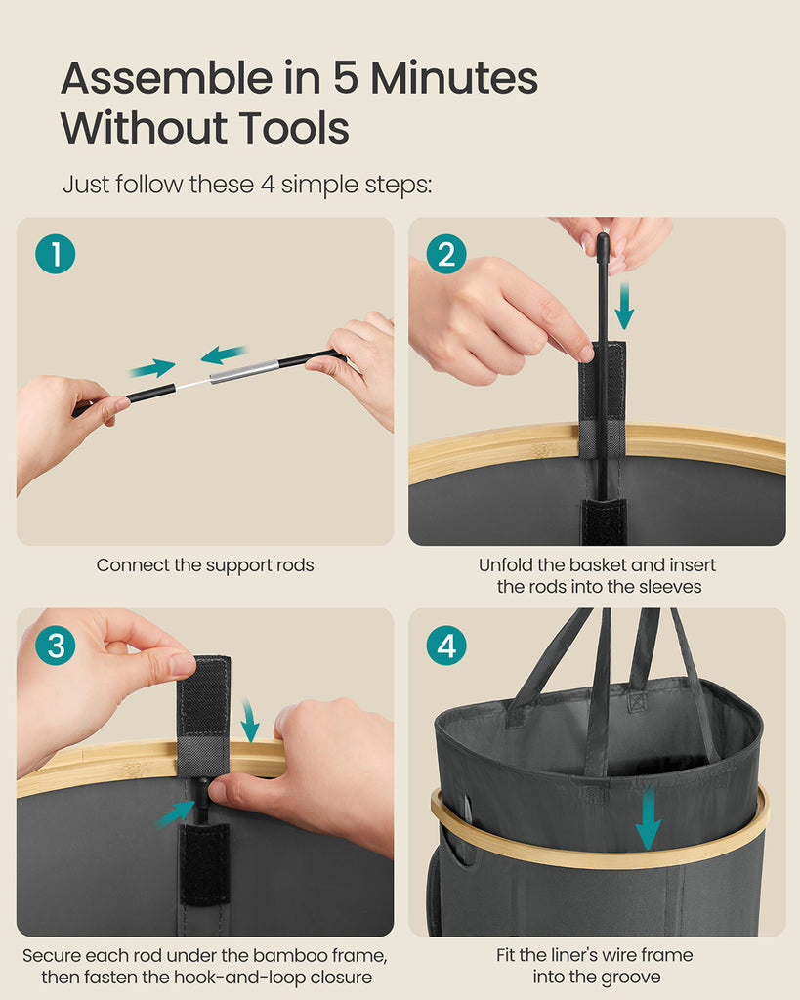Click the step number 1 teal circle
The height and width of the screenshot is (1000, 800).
point(56,254)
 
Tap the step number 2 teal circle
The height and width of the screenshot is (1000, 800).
point(446,254)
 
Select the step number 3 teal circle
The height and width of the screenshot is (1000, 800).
point(56,645)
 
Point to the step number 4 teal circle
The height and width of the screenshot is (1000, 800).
point(446,645)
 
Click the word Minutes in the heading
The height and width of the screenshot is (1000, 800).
point(454,78)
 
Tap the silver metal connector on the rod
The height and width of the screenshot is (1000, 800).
point(244,371)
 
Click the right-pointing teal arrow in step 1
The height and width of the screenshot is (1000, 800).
point(151,368)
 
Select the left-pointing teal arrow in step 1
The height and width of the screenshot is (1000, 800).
point(224,354)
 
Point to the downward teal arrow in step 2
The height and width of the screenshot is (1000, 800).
point(624,306)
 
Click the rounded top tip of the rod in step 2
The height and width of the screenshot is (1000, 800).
point(603,237)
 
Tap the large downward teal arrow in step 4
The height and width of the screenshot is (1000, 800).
point(649,819)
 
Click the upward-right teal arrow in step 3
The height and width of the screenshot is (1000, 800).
point(176,813)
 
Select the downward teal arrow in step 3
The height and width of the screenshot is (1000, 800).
point(249,721)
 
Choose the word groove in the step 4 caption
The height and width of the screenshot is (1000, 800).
point(629,977)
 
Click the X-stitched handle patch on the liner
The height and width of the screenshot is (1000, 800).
point(636,701)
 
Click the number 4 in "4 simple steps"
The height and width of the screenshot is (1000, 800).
point(267,185)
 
